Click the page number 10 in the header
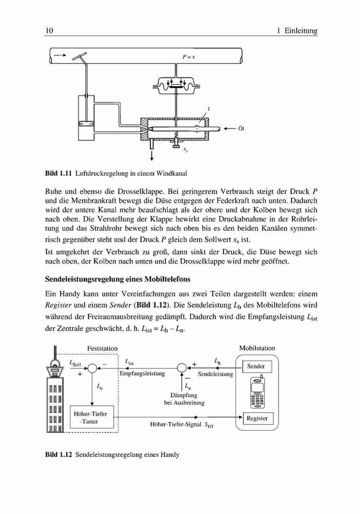(49, 31)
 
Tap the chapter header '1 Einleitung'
(297, 31)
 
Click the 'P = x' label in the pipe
(189, 57)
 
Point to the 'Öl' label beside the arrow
(241, 128)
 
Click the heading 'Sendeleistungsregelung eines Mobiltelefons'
(118, 279)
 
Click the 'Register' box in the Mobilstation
(257, 418)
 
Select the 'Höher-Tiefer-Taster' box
(92, 417)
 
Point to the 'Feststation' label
(102, 348)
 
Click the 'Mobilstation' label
(257, 348)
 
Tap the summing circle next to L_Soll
(93, 368)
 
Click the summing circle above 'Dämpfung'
(182, 368)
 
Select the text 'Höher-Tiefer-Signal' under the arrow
(176, 424)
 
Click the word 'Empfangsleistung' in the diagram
(142, 374)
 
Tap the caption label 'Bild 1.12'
(58, 455)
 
